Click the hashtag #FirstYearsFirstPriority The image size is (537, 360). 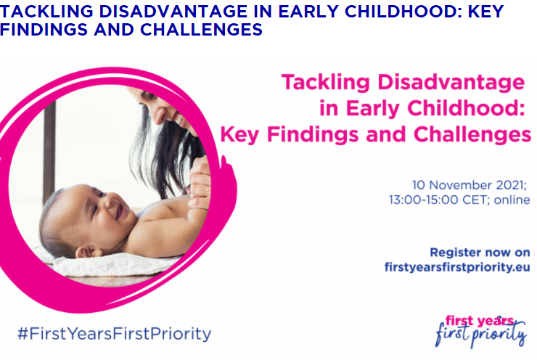115,334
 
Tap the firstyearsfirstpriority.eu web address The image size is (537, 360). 457,267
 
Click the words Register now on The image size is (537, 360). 480,253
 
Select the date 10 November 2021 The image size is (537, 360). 470,185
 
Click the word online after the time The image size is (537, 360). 512,200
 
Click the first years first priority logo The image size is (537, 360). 481,331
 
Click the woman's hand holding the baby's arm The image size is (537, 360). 200,182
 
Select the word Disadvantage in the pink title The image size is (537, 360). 451,83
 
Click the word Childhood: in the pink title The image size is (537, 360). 466,108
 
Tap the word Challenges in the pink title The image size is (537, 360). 472,134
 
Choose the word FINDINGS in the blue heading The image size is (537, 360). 44,30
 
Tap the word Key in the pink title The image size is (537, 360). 239,134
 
